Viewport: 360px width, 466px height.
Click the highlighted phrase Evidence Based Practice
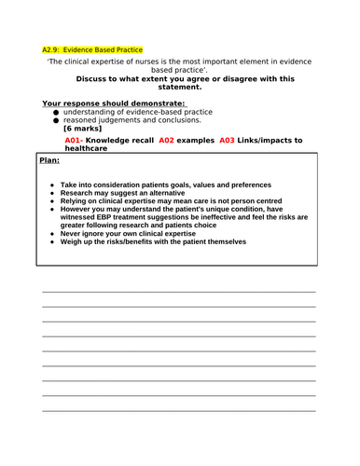(x=104, y=49)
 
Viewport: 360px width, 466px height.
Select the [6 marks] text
(x=83, y=128)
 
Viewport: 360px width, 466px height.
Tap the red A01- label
(x=80, y=140)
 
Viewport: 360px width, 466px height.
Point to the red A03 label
(x=228, y=140)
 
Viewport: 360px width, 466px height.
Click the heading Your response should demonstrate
(x=113, y=103)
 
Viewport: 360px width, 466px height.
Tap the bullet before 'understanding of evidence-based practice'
(x=56, y=112)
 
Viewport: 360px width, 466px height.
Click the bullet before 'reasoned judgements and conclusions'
(x=56, y=120)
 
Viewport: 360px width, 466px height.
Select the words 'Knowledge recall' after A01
(x=127, y=140)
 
